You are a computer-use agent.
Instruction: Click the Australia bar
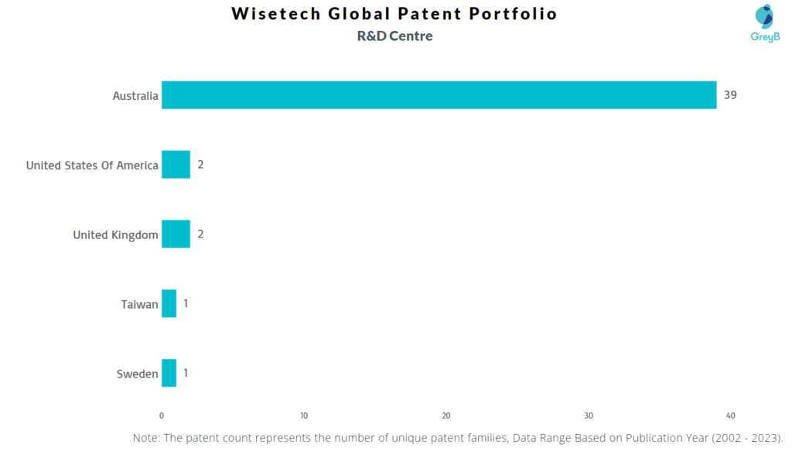click(x=439, y=95)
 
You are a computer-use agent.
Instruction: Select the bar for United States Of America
click(x=176, y=165)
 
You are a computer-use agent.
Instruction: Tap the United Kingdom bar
click(x=176, y=234)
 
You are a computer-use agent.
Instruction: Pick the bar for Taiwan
click(x=169, y=304)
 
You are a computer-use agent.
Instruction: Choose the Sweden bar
click(x=169, y=374)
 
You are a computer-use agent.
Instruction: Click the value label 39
click(x=730, y=95)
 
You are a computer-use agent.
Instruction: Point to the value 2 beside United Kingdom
click(x=200, y=234)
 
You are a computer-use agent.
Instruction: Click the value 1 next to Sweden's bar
click(x=186, y=374)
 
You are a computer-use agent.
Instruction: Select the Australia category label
click(x=135, y=96)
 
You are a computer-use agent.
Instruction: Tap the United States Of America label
click(x=92, y=166)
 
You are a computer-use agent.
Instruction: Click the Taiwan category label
click(x=139, y=305)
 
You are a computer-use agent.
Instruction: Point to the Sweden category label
click(x=137, y=374)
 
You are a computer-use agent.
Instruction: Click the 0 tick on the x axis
click(x=162, y=415)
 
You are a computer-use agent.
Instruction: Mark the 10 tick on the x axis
click(x=304, y=415)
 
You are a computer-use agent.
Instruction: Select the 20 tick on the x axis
click(x=446, y=415)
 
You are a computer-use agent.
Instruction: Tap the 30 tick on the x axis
click(x=589, y=415)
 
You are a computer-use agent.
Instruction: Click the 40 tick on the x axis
click(x=731, y=415)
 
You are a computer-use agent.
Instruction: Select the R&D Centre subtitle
click(x=395, y=36)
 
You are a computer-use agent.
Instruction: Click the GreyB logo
click(x=764, y=23)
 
